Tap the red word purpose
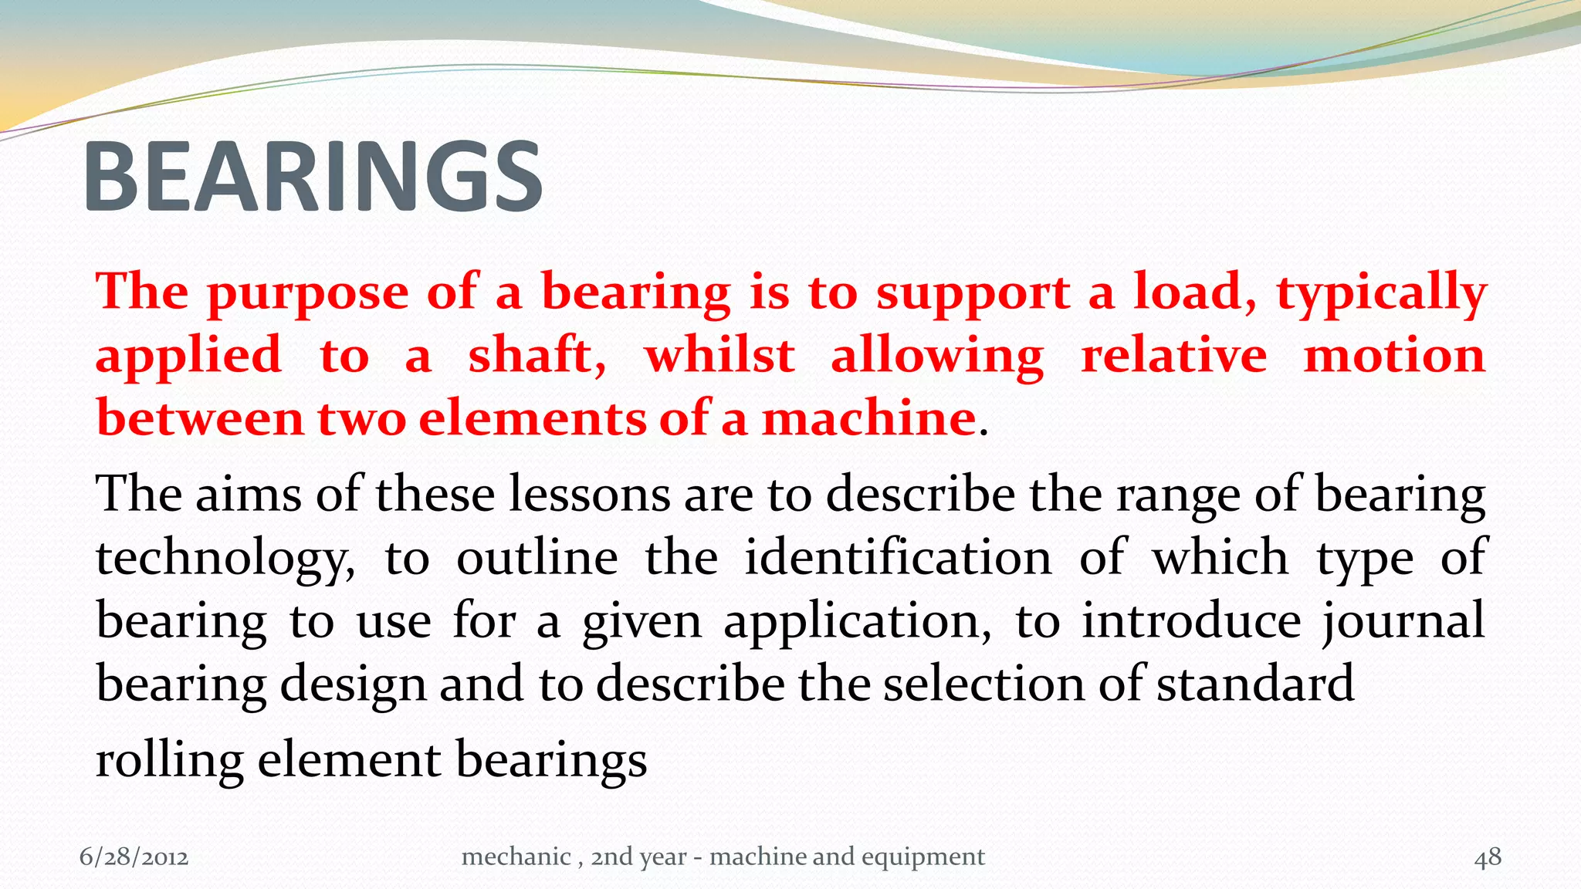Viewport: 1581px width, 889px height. coord(307,295)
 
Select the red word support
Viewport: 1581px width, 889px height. coord(973,295)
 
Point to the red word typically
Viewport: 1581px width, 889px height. coord(1381,295)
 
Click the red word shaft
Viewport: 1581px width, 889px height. coord(536,357)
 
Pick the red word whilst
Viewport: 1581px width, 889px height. coord(719,357)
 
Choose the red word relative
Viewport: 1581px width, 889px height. coord(1173,357)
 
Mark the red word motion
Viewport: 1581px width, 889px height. coord(1394,357)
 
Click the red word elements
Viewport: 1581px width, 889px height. coord(533,419)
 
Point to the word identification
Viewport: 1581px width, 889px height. coord(898,557)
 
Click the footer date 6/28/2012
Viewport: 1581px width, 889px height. coord(134,857)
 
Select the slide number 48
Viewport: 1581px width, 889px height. coord(1488,857)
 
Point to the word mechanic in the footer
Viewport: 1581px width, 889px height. coord(516,857)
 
